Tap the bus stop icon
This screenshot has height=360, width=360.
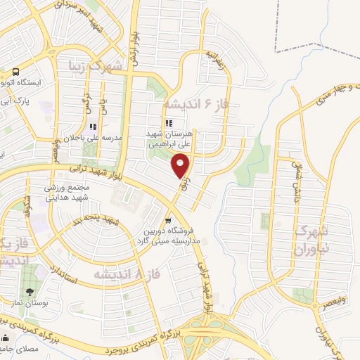click(x=15, y=72)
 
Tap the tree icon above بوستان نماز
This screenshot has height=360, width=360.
click(x=30, y=292)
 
